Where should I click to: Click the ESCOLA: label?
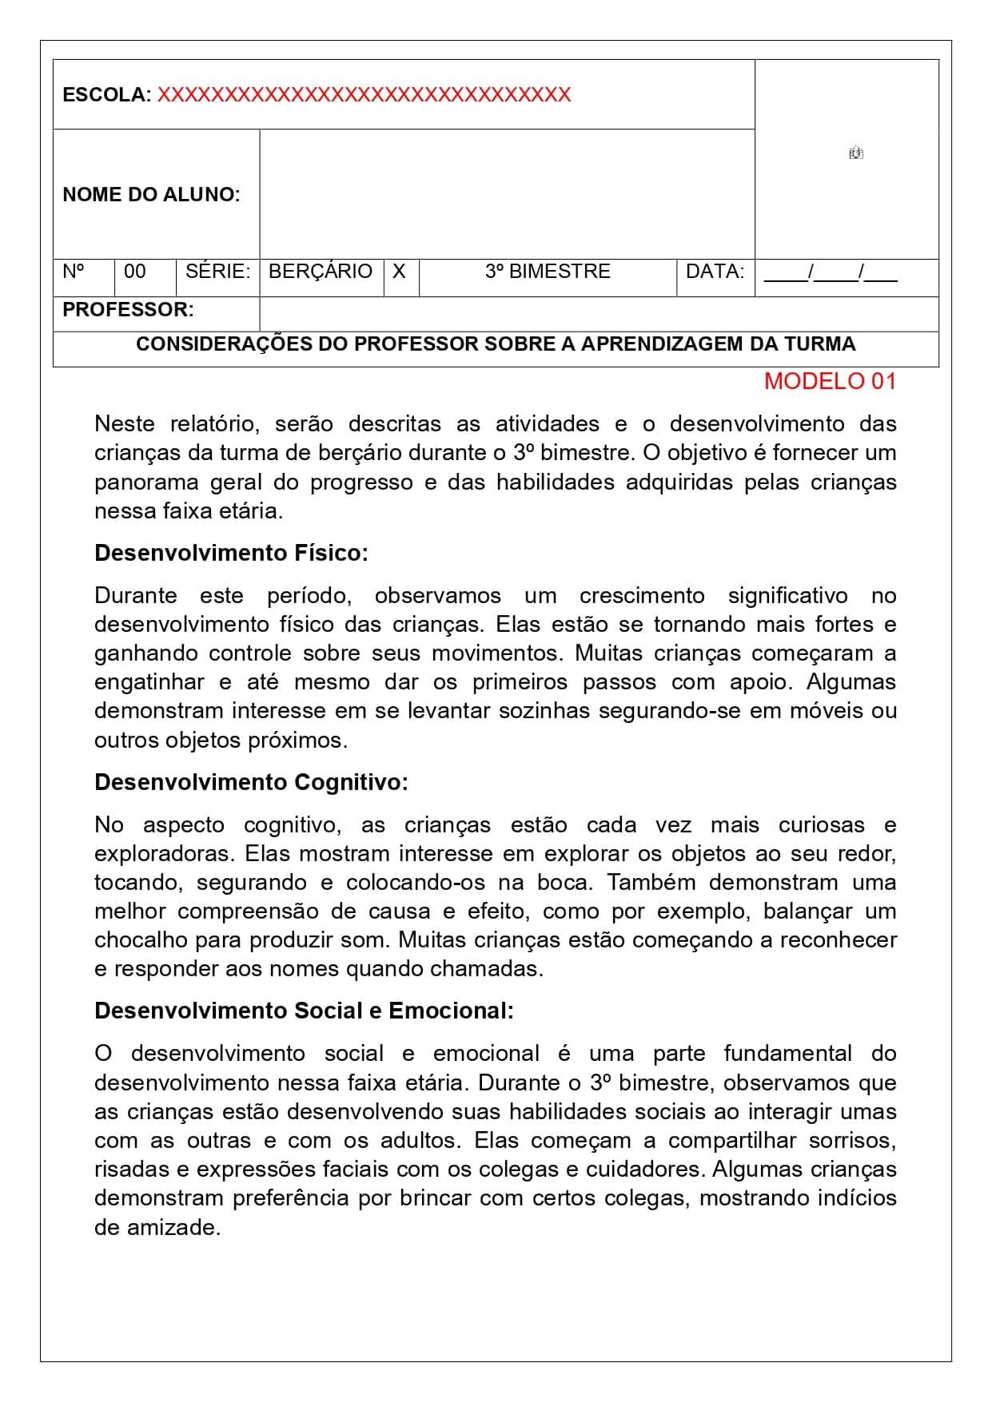pos(106,95)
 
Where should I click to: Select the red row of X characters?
pos(364,95)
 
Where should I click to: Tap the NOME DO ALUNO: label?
pos(151,194)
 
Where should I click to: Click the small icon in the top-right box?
pos(856,153)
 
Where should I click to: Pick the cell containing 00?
pos(135,272)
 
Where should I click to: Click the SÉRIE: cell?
pos(217,272)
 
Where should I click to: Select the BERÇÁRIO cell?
pos(321,272)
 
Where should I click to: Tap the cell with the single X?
pos(399,272)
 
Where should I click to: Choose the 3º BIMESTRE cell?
pos(548,272)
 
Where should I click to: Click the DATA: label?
pos(715,272)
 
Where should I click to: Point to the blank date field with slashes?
pos(831,273)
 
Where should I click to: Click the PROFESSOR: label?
pos(128,310)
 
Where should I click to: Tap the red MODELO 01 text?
pos(830,381)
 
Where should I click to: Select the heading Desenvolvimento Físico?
pos(231,553)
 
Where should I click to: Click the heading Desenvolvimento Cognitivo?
pos(251,782)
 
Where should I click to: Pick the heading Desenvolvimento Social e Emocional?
pos(304,1011)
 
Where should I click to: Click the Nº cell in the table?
pos(74,272)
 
